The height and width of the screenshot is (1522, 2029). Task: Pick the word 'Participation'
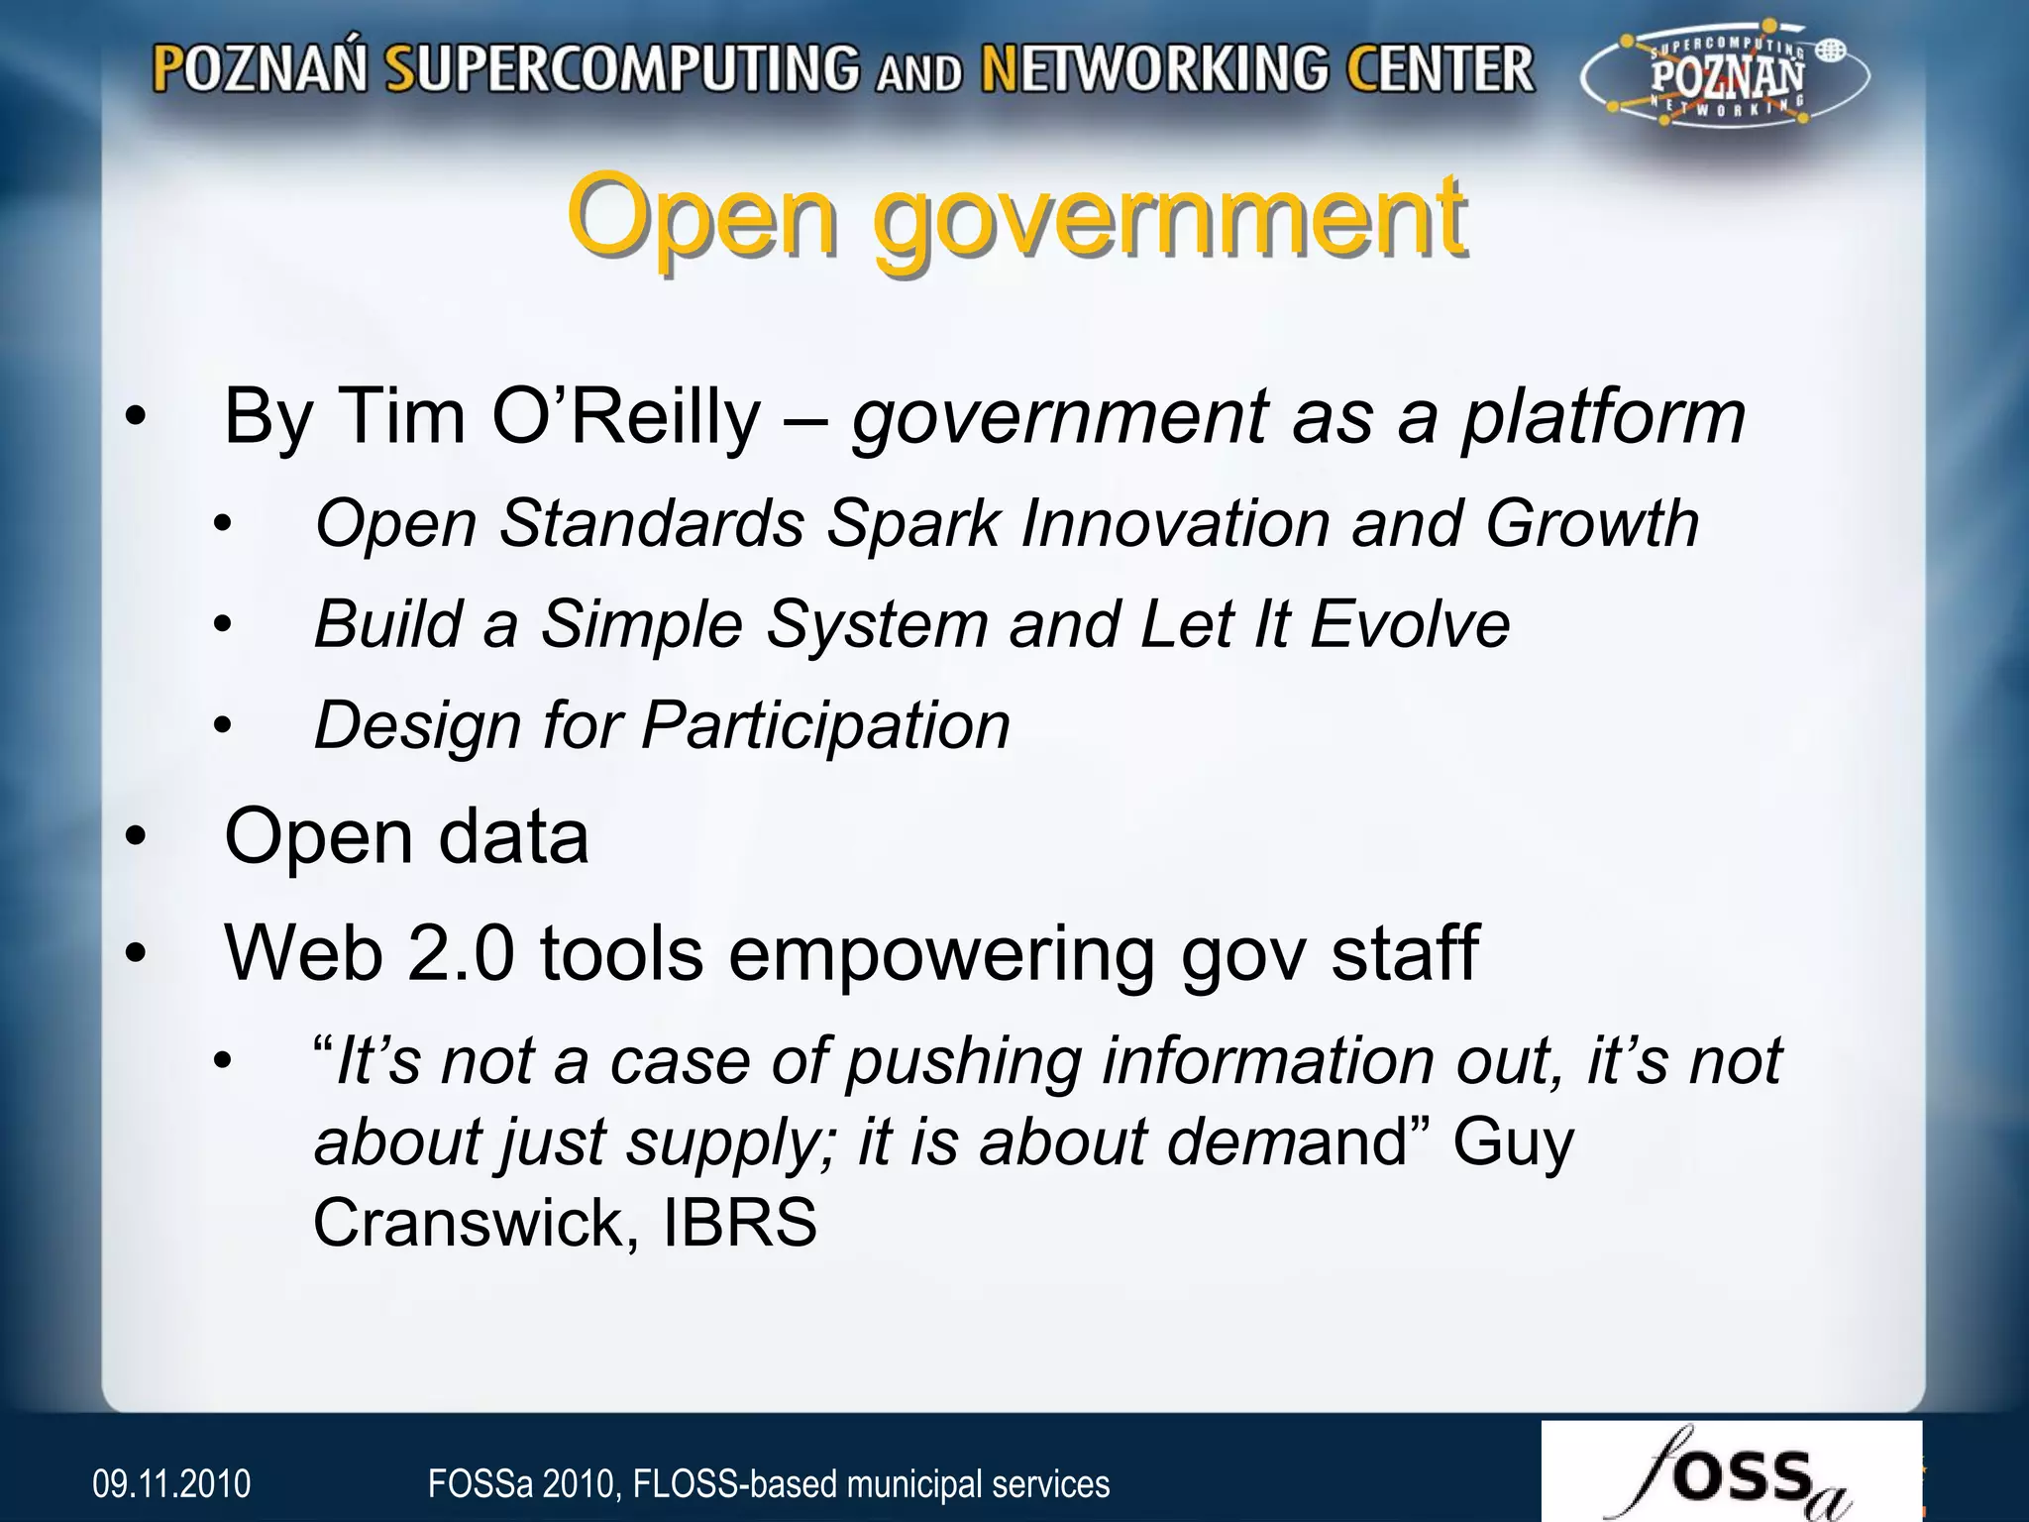point(826,725)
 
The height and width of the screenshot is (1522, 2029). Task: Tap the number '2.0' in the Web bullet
point(460,953)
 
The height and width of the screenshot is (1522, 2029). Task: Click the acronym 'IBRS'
point(739,1222)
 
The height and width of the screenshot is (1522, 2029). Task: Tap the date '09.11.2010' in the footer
point(171,1483)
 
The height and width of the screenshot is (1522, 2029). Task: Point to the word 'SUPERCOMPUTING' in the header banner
point(622,69)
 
